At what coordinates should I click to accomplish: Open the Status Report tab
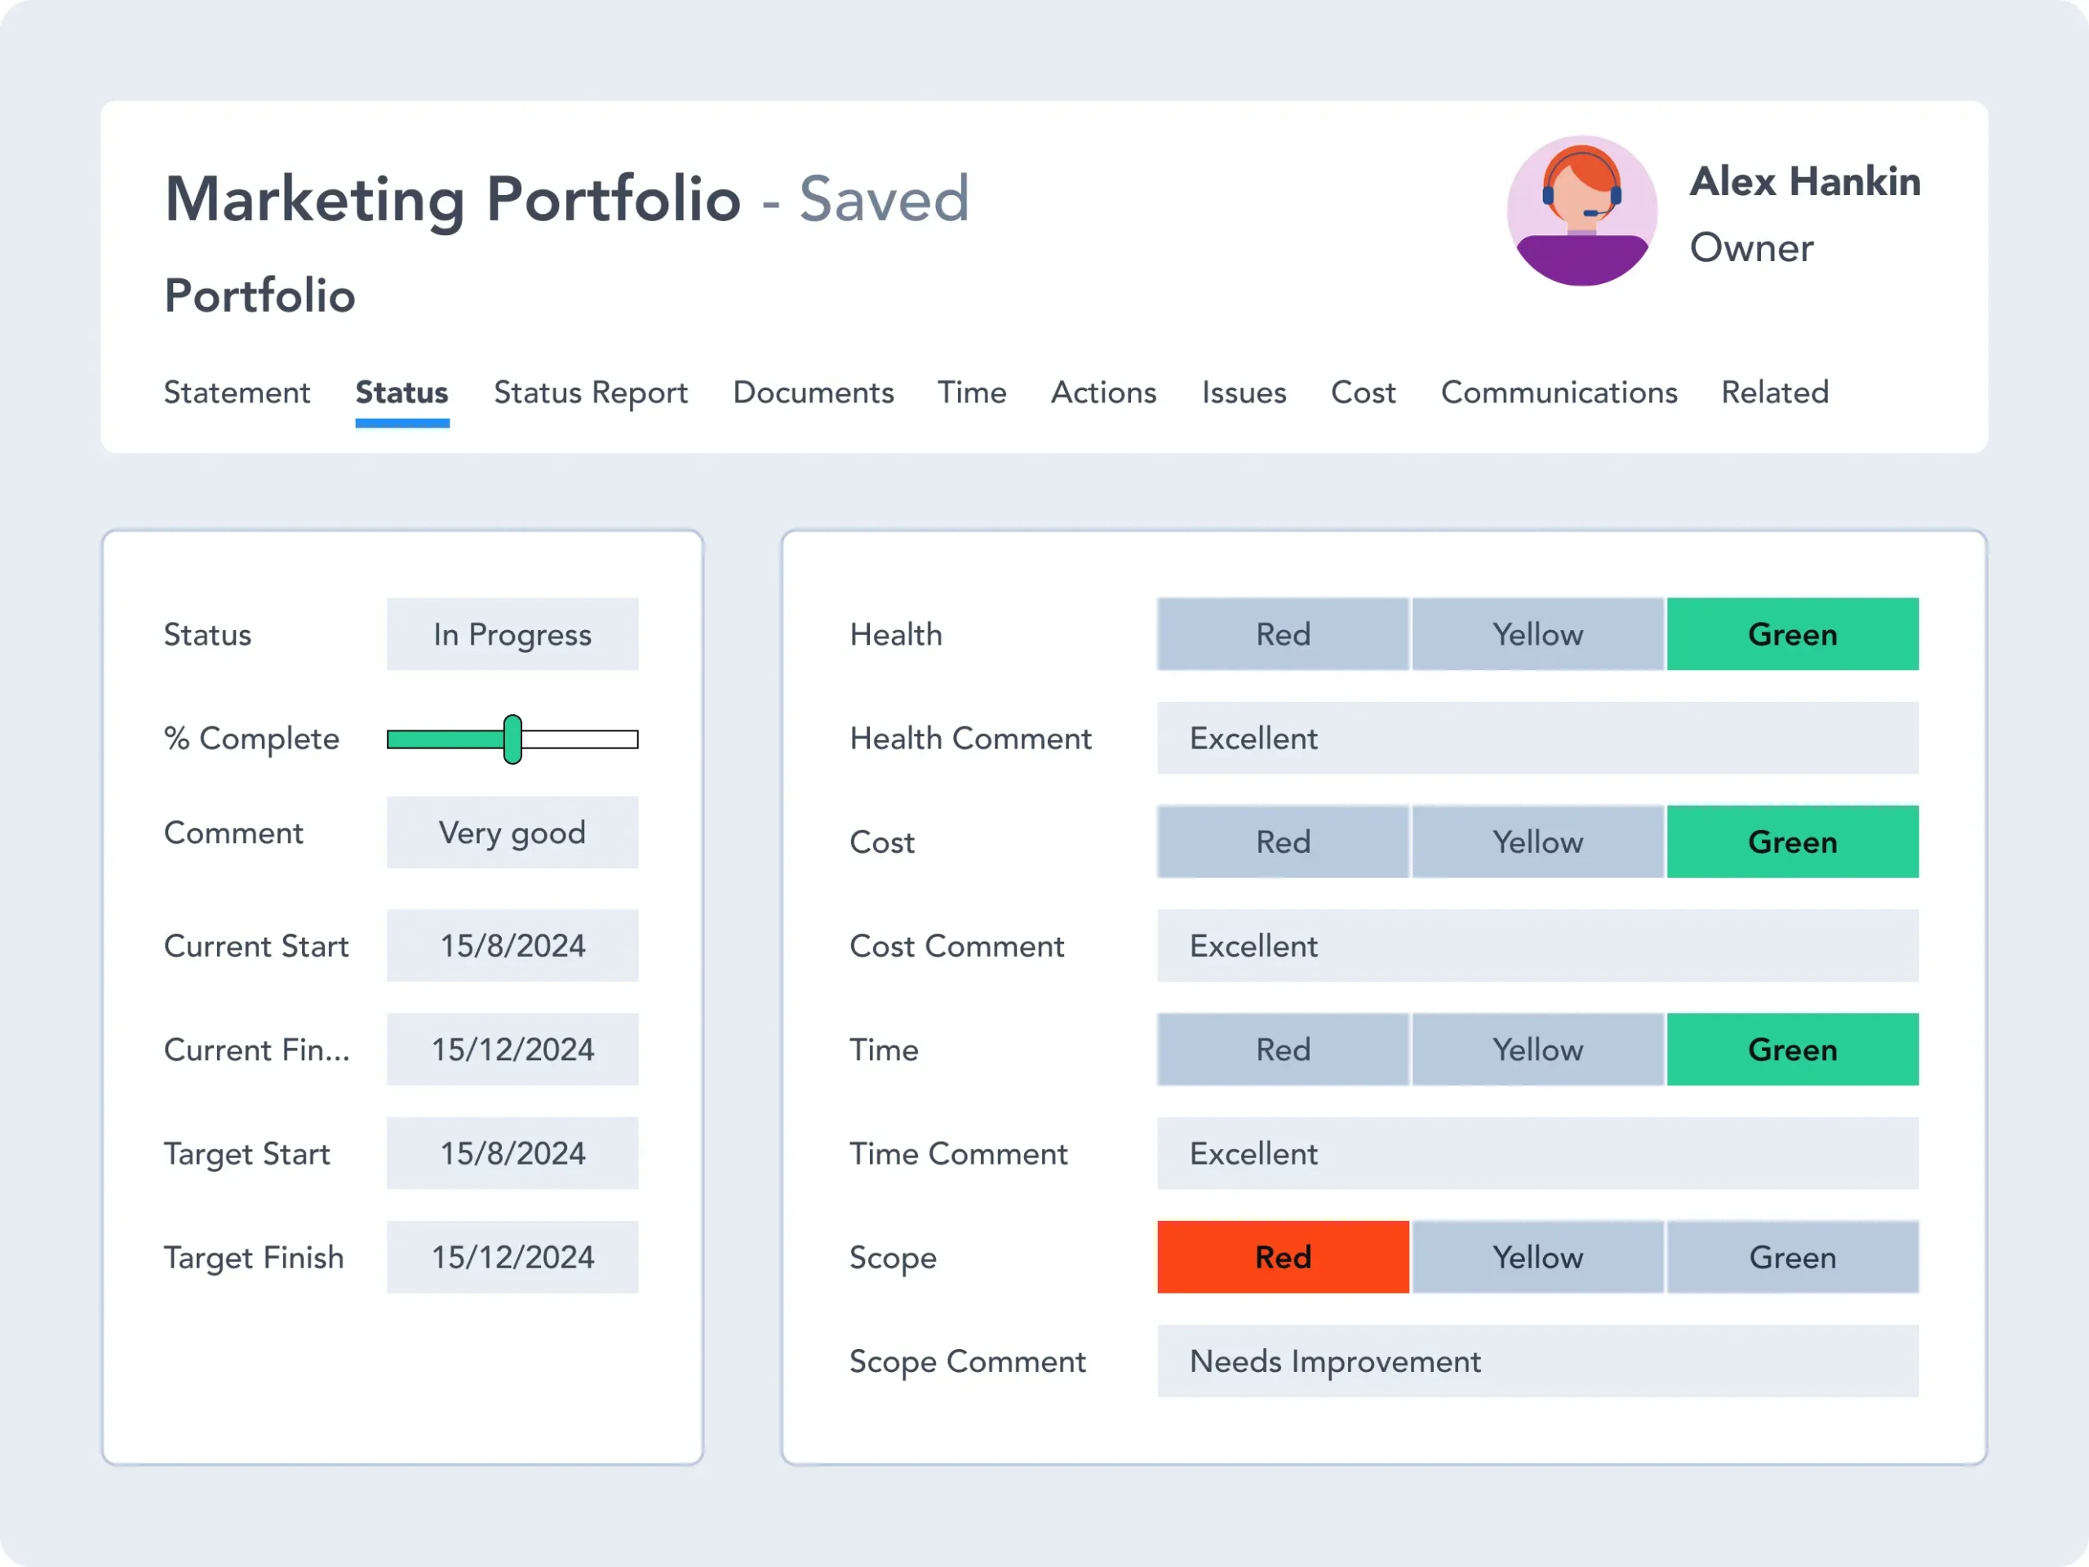coord(590,392)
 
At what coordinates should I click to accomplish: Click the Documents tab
coord(813,392)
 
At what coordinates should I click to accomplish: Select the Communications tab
coord(1559,392)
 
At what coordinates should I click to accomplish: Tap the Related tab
coord(1775,392)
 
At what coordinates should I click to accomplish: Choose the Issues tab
coord(1244,392)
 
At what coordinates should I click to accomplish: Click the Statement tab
coord(237,392)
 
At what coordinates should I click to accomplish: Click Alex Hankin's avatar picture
coord(1582,211)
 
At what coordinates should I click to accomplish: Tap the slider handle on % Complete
coord(512,739)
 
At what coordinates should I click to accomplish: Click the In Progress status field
coord(512,635)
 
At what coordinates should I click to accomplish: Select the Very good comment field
coord(512,833)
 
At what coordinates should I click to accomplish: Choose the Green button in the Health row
coord(1791,635)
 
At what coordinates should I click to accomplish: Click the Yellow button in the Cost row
coord(1537,841)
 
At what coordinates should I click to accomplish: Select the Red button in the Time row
coord(1283,1050)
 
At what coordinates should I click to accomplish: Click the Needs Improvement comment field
coord(1537,1361)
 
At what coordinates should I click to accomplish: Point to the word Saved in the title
coord(884,199)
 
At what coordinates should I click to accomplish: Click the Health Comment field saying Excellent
coord(1537,739)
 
